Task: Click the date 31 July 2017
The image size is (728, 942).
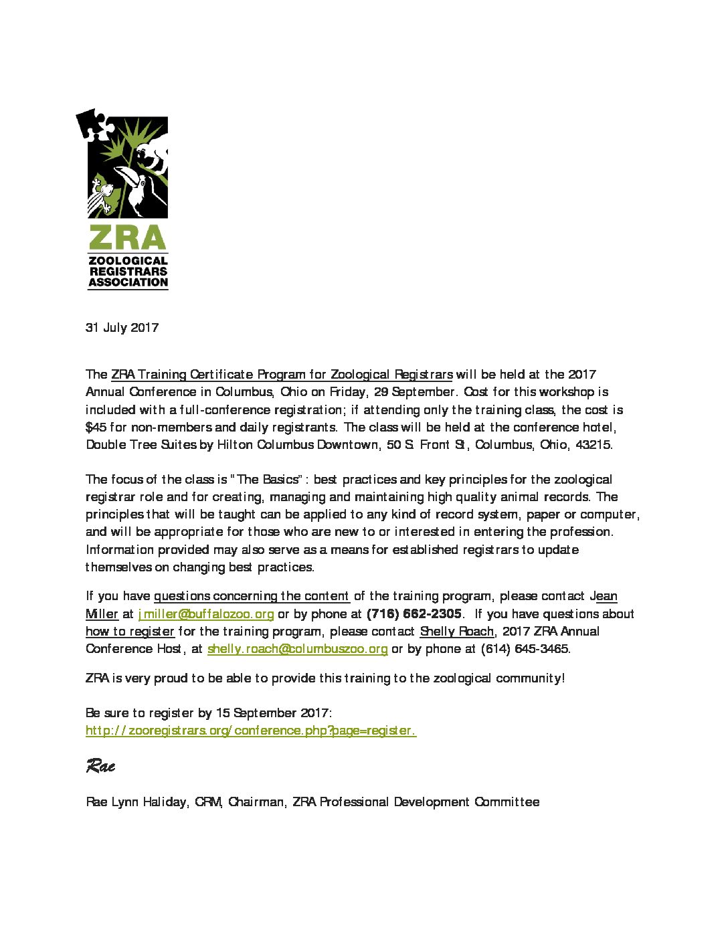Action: click(x=122, y=328)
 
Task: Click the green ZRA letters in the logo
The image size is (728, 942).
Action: click(x=127, y=238)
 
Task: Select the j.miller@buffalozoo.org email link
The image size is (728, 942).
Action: click(x=205, y=614)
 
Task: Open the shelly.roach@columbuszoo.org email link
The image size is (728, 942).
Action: click(x=297, y=649)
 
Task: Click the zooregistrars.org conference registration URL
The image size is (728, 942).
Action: click(x=251, y=731)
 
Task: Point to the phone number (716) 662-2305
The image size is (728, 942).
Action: click(x=414, y=614)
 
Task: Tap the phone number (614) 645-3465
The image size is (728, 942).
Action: click(x=525, y=649)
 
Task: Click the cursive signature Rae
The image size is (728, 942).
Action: click(x=100, y=766)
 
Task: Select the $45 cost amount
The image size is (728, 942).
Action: click(x=96, y=428)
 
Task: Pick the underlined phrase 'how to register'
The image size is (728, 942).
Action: click(x=130, y=632)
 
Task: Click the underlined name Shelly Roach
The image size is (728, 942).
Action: click(x=456, y=632)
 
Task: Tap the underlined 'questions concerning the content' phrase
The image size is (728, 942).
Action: click(x=252, y=596)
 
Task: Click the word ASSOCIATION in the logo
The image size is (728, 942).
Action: click(x=128, y=282)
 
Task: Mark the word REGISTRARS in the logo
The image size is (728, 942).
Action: click(x=128, y=272)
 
